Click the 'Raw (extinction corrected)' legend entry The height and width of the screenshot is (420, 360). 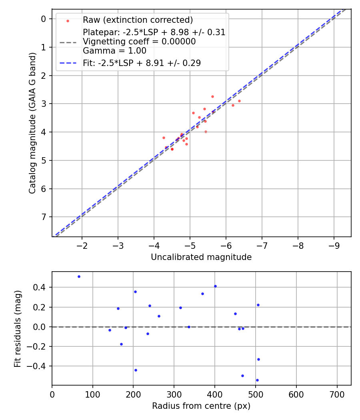(x=138, y=20)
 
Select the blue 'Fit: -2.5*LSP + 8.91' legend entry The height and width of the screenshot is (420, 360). (x=142, y=63)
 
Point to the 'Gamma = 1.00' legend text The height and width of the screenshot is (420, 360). (x=114, y=51)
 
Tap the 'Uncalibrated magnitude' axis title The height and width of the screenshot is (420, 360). (x=201, y=257)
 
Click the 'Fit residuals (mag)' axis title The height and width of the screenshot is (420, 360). (x=18, y=329)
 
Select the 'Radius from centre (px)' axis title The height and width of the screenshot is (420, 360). (x=201, y=406)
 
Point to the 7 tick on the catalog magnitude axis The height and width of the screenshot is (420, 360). (x=44, y=217)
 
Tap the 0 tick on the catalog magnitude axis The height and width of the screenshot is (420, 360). (x=44, y=19)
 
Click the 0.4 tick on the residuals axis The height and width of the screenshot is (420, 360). (x=41, y=287)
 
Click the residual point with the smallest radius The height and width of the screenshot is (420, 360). (x=79, y=276)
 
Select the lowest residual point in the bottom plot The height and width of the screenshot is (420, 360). (x=257, y=380)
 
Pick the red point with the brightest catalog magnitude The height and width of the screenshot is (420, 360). (x=212, y=96)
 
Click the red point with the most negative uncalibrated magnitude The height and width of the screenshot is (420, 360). (x=239, y=101)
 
